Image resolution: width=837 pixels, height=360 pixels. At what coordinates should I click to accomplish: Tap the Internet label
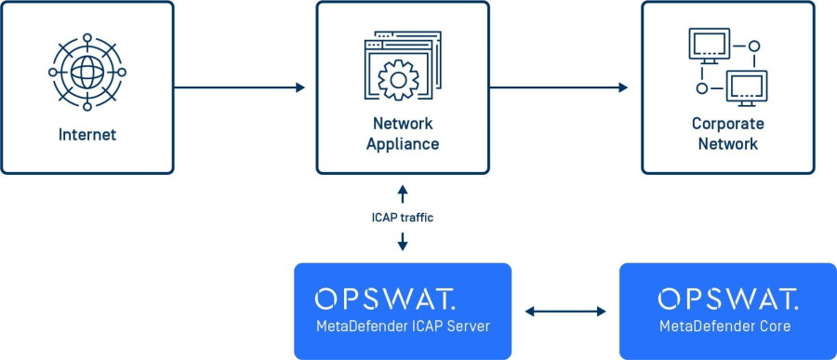point(87,135)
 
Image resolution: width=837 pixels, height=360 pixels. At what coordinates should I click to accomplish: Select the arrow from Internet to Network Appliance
point(239,87)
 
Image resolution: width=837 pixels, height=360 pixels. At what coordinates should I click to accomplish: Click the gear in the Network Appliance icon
point(401,78)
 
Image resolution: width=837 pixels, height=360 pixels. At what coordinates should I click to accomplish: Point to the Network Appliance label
point(403,134)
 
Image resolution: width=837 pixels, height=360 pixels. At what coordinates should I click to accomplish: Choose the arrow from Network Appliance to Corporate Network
point(559,87)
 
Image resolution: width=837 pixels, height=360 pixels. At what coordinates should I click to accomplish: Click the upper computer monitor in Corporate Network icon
point(707,45)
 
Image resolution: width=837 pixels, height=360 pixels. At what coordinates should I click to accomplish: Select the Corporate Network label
point(727,134)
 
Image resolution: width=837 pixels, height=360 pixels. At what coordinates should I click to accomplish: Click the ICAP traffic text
point(403,218)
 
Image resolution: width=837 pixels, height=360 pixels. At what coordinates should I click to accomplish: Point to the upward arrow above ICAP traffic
point(403,193)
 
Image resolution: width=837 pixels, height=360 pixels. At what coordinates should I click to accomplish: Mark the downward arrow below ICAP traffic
point(403,242)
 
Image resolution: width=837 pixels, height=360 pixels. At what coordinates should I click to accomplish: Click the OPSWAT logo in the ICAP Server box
point(385,299)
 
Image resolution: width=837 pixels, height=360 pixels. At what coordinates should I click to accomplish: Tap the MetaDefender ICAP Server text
point(403,326)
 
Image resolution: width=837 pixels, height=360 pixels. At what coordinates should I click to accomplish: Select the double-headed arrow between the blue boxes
point(565,312)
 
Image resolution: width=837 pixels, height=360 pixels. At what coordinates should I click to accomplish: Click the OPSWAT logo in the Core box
point(727,299)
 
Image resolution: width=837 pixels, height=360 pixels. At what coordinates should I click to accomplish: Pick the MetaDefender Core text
point(726,326)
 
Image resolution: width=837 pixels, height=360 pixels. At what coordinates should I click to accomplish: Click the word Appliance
point(403,144)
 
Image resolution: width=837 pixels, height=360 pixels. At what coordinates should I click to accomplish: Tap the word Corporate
point(727,124)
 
